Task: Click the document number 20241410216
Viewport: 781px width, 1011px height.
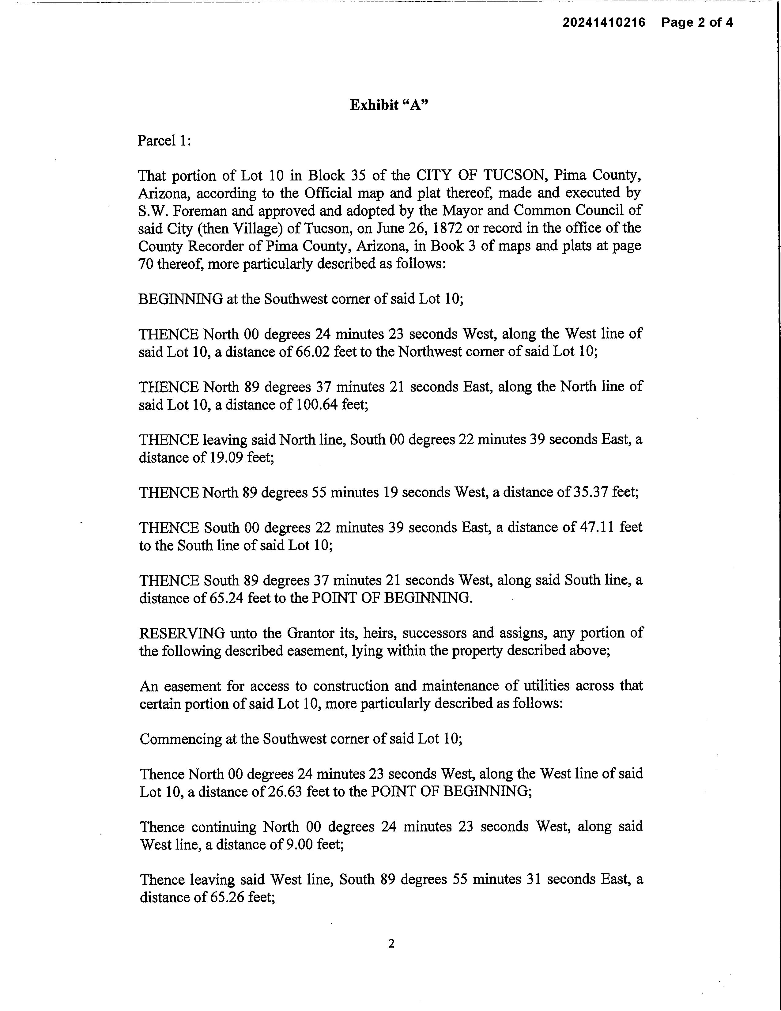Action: tap(603, 22)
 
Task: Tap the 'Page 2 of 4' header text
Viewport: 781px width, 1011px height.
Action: tap(697, 22)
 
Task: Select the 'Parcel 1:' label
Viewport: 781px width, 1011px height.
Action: tap(164, 140)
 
